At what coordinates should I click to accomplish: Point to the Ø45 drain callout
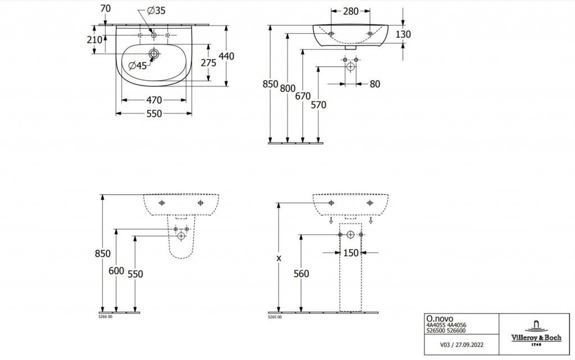[138, 66]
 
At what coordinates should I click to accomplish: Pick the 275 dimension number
[208, 63]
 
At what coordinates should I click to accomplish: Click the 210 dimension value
[95, 40]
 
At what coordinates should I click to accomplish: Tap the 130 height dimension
[403, 34]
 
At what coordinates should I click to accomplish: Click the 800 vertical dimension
[287, 88]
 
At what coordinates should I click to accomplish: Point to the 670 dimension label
[303, 96]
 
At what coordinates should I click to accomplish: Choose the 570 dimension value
[318, 104]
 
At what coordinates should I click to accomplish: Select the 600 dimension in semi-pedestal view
[116, 270]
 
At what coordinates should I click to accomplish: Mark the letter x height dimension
[279, 258]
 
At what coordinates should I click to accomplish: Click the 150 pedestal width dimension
[351, 253]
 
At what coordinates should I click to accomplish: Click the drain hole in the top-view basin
[154, 54]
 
